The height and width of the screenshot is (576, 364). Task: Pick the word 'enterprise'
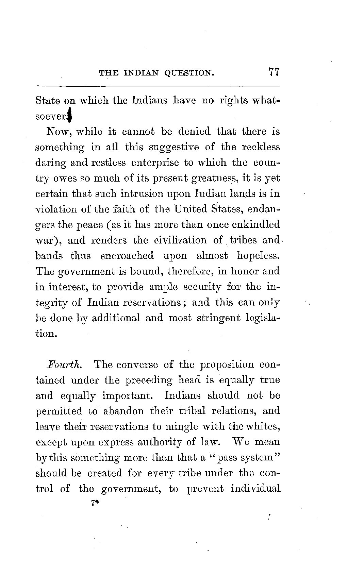coord(155,163)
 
